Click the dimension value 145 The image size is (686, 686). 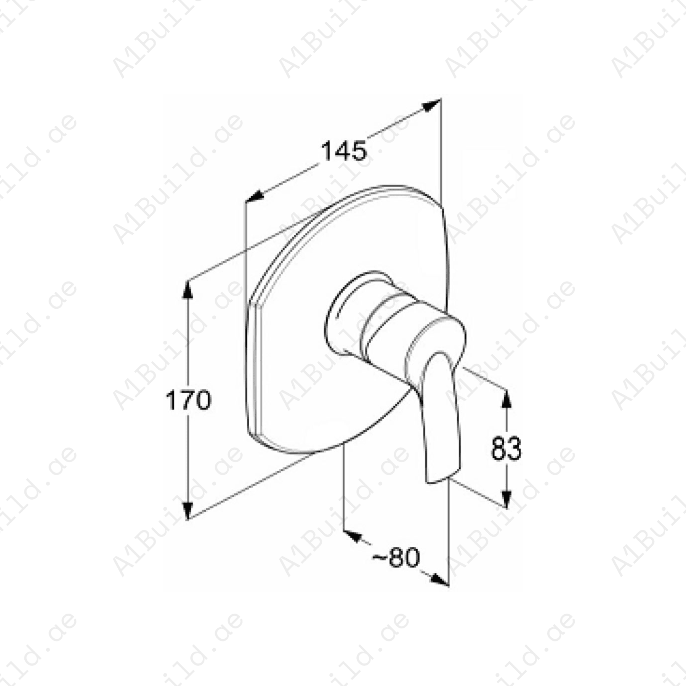tap(344, 151)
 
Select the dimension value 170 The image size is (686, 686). tap(188, 400)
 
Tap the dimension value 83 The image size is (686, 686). tap(506, 449)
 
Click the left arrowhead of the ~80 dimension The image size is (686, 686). tap(353, 535)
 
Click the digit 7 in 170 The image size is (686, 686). tap(188, 400)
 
